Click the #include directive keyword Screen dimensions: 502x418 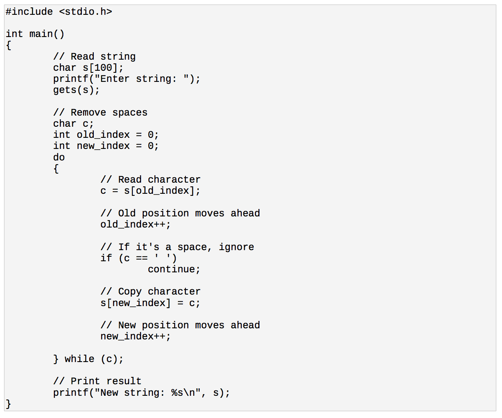coord(29,12)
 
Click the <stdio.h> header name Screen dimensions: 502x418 coord(86,12)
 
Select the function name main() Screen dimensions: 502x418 coord(47,34)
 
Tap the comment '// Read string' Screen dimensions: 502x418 coord(94,56)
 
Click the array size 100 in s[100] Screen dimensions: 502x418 coord(103,67)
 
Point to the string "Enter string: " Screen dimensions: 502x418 coord(142,79)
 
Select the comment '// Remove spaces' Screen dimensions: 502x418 coord(100,112)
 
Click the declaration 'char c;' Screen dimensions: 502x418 coord(73,124)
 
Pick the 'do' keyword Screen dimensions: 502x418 coord(59,157)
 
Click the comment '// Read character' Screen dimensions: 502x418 coord(150,179)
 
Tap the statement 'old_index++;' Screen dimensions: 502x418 coord(135,225)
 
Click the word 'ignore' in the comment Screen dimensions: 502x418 coord(236,247)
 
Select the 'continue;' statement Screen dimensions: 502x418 coord(174,269)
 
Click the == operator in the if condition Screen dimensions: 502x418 coord(141,258)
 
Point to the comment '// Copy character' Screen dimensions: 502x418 coord(150,291)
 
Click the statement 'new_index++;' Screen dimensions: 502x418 coord(135,336)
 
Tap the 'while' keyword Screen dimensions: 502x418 coord(79,359)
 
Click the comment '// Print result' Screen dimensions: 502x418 coord(97,381)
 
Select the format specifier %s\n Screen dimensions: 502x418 coord(183,392)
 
